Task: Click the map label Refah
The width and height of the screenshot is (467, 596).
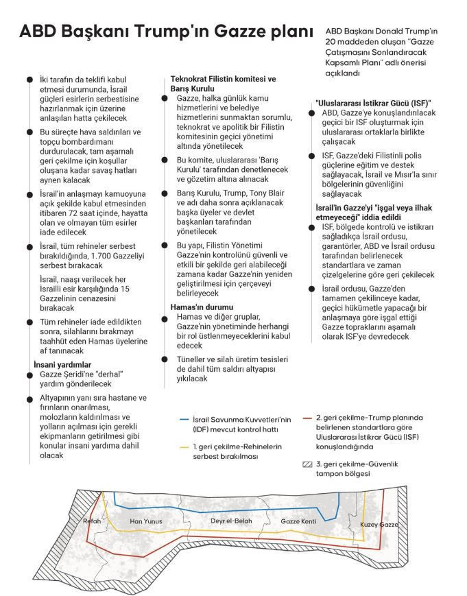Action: click(x=92, y=521)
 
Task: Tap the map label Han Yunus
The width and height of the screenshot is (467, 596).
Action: click(x=146, y=522)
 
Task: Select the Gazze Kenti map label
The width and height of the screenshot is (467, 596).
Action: click(x=298, y=521)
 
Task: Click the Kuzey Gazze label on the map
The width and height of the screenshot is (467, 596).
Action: click(x=379, y=525)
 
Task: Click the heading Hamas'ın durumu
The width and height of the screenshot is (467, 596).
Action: click(x=201, y=307)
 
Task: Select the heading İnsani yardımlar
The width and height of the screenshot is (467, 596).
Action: click(x=62, y=364)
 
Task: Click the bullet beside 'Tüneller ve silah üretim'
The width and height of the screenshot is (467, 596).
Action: click(x=165, y=359)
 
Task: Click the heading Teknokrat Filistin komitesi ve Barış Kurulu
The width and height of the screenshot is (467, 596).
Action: click(x=223, y=84)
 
